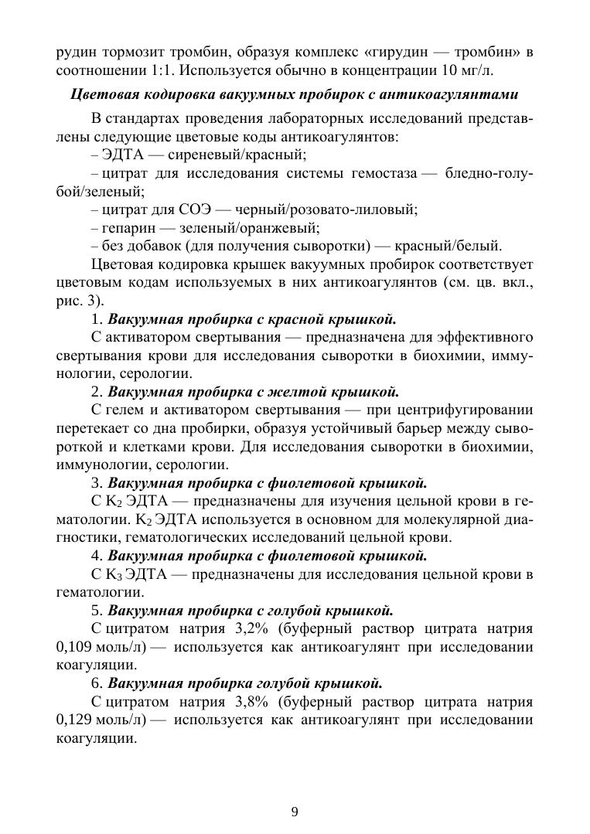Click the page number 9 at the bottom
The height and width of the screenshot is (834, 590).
295,811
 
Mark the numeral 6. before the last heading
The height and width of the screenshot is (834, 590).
97,683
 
